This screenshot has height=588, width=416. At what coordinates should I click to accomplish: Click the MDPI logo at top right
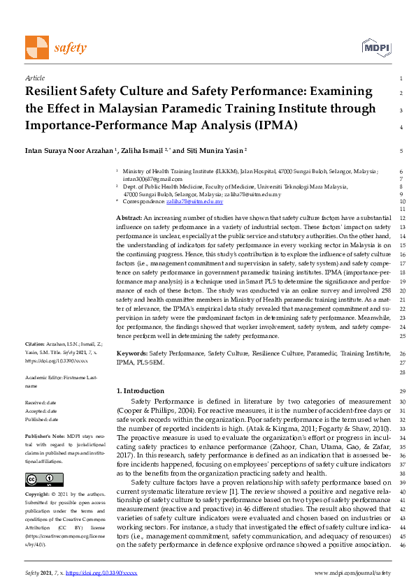coord(375,47)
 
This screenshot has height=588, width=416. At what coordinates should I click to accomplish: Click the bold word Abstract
coord(129,219)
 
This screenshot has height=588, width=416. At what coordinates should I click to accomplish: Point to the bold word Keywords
coord(131,354)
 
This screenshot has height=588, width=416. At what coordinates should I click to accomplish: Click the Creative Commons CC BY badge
coord(34,479)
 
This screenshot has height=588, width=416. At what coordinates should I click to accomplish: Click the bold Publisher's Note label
coord(45,434)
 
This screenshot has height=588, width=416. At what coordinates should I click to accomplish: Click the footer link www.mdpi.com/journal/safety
coord(350,573)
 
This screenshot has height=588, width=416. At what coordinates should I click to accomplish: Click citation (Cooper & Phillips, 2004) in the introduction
coord(159,410)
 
